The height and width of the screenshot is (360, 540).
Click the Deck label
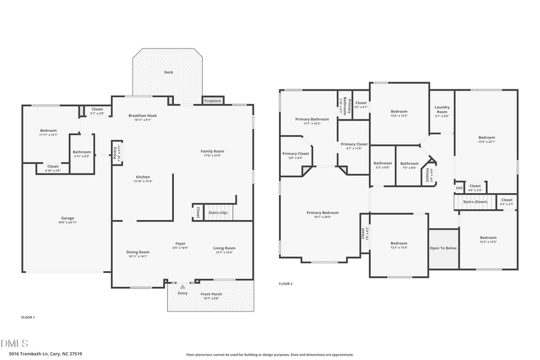pos(169,72)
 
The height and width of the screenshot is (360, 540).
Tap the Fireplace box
pos(212,101)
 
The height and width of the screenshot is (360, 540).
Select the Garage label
pos(67,218)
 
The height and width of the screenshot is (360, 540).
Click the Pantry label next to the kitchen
pos(118,154)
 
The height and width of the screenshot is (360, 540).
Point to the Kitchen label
pos(143,177)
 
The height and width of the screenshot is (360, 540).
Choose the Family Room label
pos(212,151)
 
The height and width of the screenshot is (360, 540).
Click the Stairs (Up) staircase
pos(218,212)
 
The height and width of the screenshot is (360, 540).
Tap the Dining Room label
pos(137,252)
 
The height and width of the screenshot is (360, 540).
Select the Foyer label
pos(181,244)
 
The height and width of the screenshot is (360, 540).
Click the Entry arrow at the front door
pos(182,287)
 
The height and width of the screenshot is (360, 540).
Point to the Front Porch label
pos(211,294)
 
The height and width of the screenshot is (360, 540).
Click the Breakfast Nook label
pos(143,115)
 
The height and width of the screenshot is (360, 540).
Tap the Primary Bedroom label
pos(322,212)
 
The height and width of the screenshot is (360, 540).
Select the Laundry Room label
pos(442,110)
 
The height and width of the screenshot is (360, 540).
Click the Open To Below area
pos(443,248)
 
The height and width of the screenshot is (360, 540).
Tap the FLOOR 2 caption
pos(286,283)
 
